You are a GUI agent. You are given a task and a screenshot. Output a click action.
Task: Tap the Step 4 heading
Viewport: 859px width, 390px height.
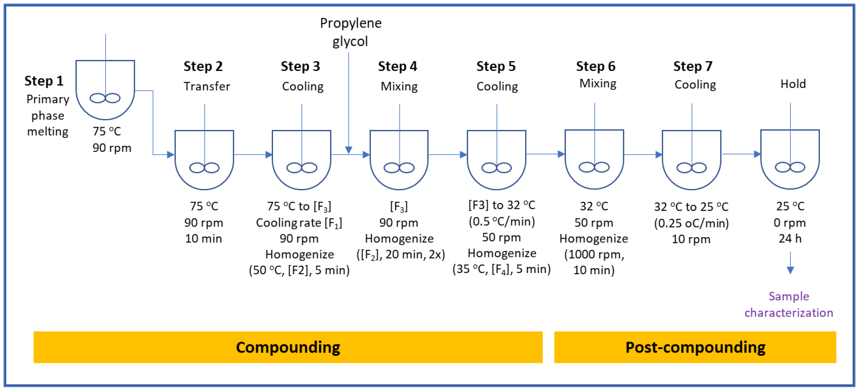(x=397, y=66)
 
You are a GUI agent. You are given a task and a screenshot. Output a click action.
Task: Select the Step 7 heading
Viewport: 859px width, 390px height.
(x=693, y=66)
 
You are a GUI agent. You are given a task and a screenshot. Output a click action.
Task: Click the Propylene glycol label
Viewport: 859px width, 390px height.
(x=350, y=32)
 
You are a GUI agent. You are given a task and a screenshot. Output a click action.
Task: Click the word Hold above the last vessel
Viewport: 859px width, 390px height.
(x=793, y=84)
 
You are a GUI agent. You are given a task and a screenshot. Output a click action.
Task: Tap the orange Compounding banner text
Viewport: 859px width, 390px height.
(x=288, y=347)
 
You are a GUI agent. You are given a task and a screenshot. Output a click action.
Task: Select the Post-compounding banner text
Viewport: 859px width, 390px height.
(x=695, y=347)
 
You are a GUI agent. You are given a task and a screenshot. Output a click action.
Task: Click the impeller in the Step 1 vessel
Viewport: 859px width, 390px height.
(x=105, y=98)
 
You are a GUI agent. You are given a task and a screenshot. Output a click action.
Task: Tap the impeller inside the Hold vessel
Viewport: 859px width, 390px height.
(x=790, y=167)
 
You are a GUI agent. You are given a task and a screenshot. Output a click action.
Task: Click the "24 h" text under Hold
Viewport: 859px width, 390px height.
(x=790, y=239)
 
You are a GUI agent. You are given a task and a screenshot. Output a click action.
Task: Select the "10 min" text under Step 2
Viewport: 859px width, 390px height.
(x=203, y=239)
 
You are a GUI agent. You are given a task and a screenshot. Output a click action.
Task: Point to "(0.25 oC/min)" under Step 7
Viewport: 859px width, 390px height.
(x=691, y=223)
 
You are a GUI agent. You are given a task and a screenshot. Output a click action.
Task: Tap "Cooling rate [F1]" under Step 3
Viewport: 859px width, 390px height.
(x=299, y=223)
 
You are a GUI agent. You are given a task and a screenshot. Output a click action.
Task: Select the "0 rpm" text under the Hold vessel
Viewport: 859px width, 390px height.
(x=790, y=223)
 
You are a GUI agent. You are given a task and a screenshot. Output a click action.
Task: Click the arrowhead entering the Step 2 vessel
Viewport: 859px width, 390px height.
(x=170, y=155)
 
